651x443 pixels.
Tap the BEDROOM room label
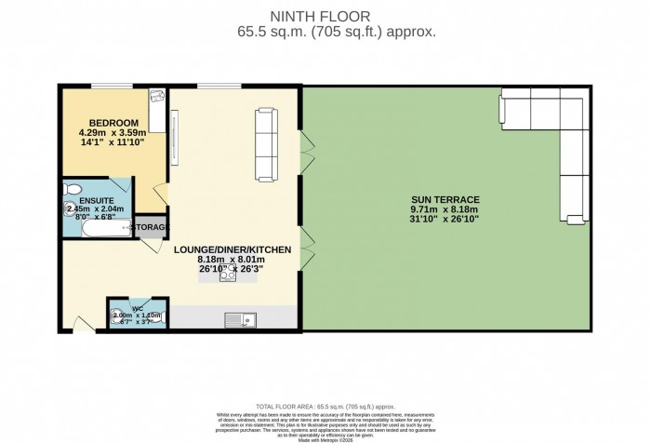pos(113,123)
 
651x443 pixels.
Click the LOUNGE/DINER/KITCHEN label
pos(232,249)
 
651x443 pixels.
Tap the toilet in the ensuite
pos(73,189)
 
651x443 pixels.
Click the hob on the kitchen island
pos(226,273)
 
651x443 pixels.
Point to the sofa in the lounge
pos(266,135)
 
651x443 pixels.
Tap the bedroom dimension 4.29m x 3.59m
pos(113,133)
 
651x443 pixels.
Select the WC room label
pos(137,306)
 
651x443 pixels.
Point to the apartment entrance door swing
pos(84,323)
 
